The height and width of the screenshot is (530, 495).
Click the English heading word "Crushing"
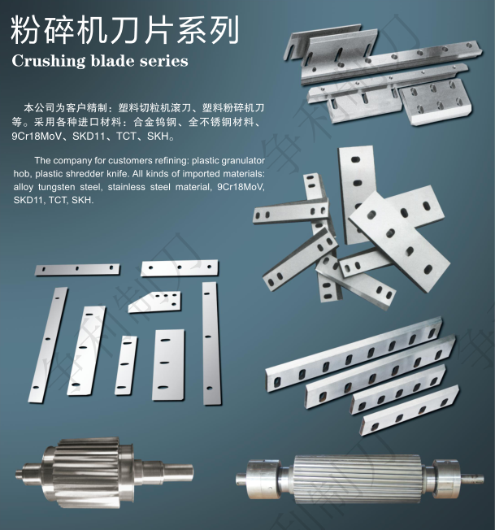(48, 62)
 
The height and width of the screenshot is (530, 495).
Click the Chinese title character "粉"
(24, 30)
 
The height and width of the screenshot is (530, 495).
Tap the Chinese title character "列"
(224, 30)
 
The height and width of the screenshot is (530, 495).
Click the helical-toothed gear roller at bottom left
(104, 472)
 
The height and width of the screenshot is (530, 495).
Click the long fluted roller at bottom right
(359, 480)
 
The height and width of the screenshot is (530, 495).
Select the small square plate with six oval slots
(436, 101)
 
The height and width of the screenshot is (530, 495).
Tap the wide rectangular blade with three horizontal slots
(168, 365)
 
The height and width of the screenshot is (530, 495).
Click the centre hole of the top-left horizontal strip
(77, 269)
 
